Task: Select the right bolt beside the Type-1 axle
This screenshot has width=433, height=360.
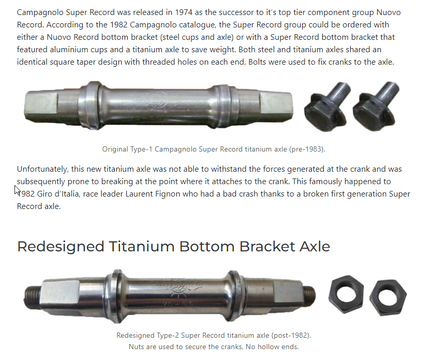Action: point(376,106)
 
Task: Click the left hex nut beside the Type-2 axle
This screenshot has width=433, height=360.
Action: point(346,294)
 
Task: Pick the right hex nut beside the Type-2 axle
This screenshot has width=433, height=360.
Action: point(387,297)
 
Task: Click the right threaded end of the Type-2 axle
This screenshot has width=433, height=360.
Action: point(309,295)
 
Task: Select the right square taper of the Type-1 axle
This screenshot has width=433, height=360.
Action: point(276,106)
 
